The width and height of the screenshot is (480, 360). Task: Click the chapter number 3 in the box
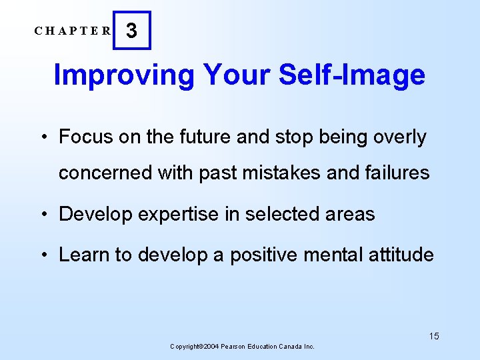(132, 31)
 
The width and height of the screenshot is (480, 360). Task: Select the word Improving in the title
(124, 75)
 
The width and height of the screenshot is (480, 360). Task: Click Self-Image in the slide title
(352, 75)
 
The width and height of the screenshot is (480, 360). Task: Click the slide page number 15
(434, 336)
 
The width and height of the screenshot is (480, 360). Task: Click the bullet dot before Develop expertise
(43, 215)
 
